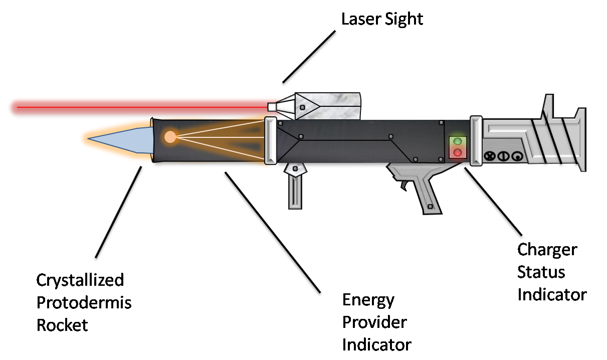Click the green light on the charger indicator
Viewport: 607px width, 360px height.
pyautogui.click(x=457, y=141)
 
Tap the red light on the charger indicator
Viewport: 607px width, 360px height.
pyautogui.click(x=457, y=152)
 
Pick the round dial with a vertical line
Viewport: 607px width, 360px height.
pyautogui.click(x=502, y=156)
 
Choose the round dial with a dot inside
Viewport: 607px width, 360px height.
pyautogui.click(x=514, y=156)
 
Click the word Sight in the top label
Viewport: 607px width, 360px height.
pyautogui.click(x=404, y=19)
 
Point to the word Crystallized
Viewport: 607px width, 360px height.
pyautogui.click(x=80, y=280)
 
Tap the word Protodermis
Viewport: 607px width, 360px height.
pyautogui.click(x=84, y=302)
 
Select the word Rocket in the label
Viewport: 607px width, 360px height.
pyautogui.click(x=62, y=325)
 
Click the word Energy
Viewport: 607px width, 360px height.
pyautogui.click(x=368, y=300)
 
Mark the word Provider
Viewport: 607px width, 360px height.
pyautogui.click(x=374, y=322)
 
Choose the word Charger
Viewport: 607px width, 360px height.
pyautogui.click(x=547, y=250)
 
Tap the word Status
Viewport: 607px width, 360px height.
pyautogui.click(x=541, y=272)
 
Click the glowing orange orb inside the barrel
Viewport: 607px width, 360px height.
pyautogui.click(x=170, y=136)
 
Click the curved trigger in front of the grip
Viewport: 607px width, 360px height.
pyautogui.click(x=404, y=186)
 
